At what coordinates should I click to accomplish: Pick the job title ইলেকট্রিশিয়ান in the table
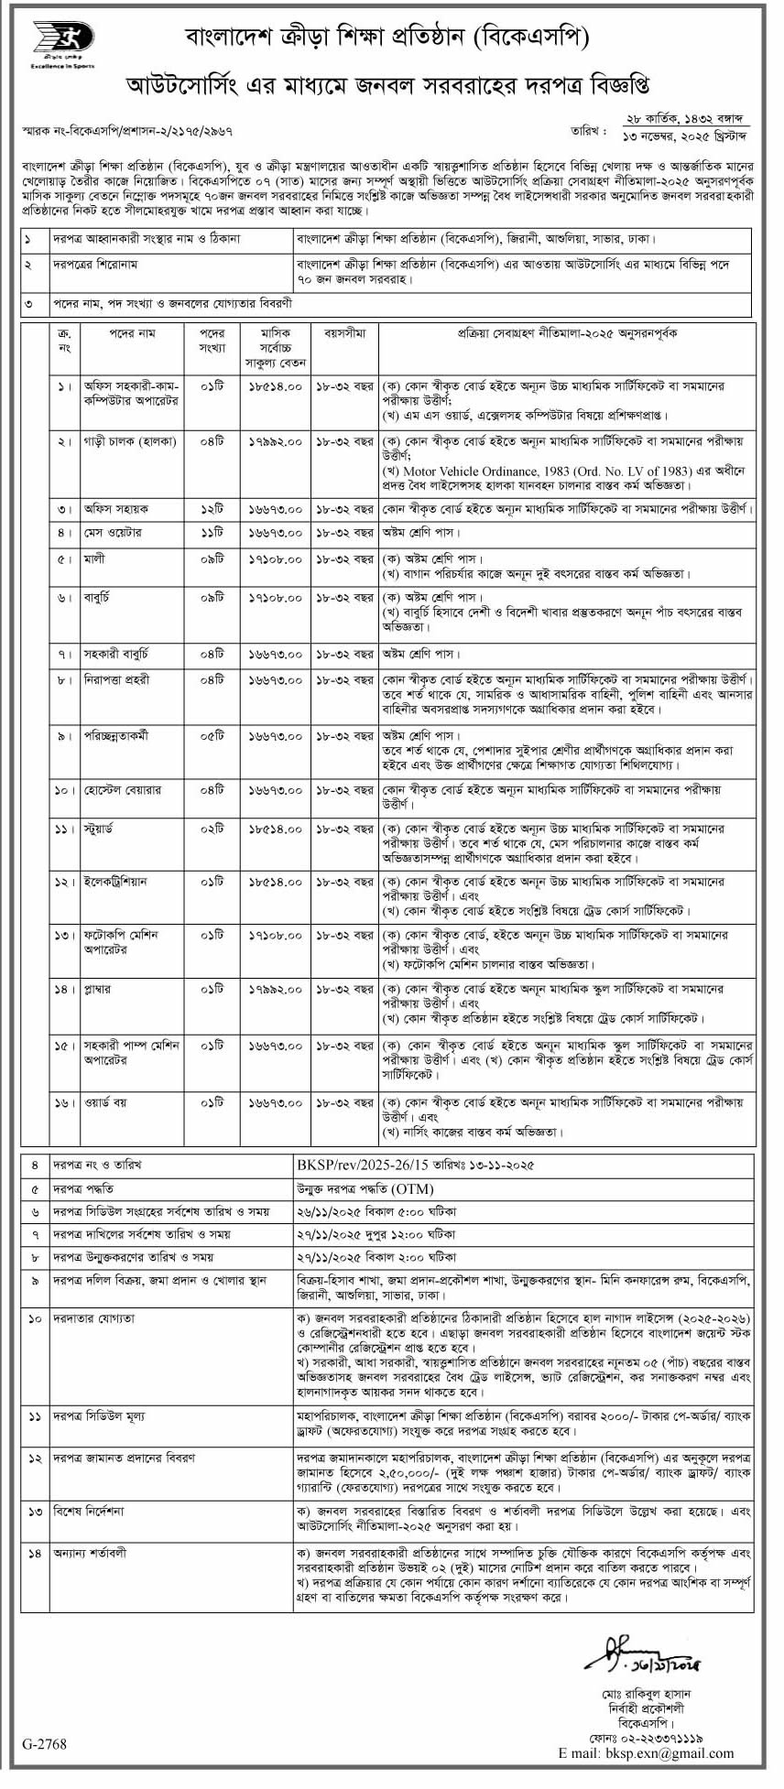114,881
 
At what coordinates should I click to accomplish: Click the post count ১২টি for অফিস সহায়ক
212,507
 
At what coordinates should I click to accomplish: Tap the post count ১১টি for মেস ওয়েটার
212,532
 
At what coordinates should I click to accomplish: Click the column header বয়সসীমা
344,334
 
